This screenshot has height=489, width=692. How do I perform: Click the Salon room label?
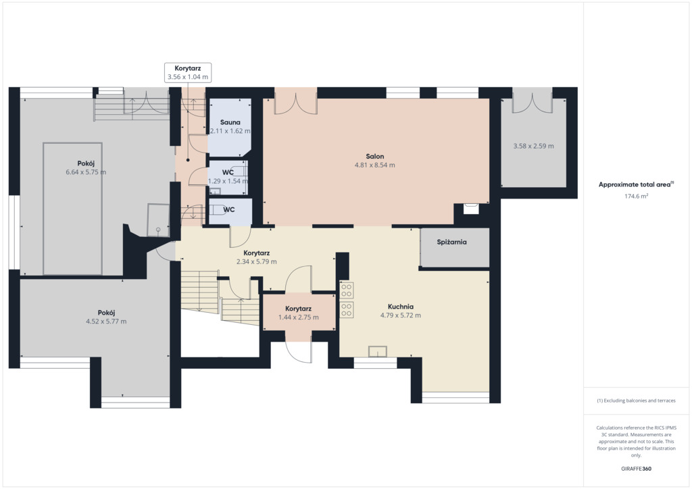pos(374,156)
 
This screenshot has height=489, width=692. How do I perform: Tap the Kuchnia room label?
pos(400,307)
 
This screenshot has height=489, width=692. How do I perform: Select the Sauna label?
pos(230,122)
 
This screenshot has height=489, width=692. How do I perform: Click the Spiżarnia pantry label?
pos(451,242)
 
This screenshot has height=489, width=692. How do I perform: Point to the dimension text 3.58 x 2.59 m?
pos(533,146)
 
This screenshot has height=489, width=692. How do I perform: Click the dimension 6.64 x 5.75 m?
pos(86,172)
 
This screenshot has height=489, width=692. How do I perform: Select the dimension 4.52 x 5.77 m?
pos(106,321)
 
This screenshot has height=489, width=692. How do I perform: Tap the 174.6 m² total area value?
pos(636,197)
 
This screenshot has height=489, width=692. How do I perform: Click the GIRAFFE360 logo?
pos(636,469)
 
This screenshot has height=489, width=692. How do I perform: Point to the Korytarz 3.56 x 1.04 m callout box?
pos(188,73)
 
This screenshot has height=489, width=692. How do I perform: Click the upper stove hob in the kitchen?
pos(347,290)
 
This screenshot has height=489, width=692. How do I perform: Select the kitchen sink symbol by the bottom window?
pos(378,351)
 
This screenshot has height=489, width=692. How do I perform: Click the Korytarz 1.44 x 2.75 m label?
pos(298,313)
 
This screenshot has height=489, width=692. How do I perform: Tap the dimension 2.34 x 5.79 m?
pos(256,261)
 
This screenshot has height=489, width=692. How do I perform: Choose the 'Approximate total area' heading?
pos(634,185)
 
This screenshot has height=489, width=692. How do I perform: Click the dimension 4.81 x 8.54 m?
pos(374,165)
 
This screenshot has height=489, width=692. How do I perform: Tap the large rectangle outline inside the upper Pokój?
pos(43,208)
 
